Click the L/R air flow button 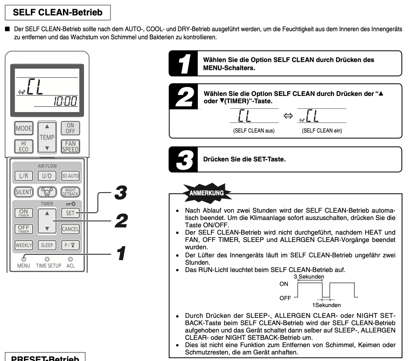tap(23, 176)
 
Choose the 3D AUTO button tap(70, 176)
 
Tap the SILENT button tap(23, 191)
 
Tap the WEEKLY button tap(23, 245)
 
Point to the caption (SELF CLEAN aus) tap(251, 131)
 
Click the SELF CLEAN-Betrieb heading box tap(58, 13)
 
